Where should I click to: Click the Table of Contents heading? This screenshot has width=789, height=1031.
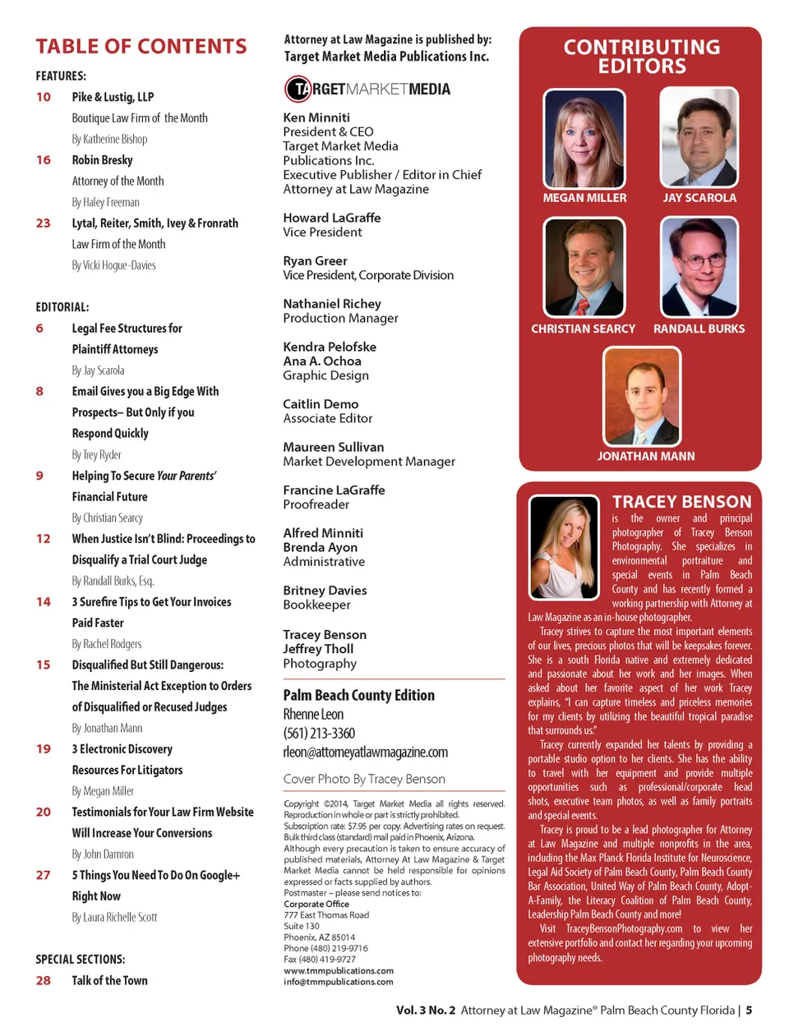[x=141, y=47]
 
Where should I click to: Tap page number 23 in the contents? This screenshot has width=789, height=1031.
[x=43, y=223]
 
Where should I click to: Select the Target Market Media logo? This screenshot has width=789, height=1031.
[x=367, y=89]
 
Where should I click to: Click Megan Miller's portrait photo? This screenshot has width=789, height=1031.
[x=584, y=138]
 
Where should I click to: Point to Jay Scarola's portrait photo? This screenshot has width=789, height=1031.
[x=699, y=138]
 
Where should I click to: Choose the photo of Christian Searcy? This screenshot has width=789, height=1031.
[x=584, y=268]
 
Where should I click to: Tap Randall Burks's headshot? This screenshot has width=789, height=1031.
[x=699, y=268]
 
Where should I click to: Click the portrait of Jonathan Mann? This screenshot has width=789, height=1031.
[x=642, y=396]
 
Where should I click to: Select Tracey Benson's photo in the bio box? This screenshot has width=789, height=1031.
[x=565, y=546]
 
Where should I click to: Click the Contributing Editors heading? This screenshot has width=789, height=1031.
[x=642, y=57]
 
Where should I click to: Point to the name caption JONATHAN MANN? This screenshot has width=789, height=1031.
[x=646, y=456]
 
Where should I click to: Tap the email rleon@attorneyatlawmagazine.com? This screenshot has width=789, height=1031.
[x=366, y=753]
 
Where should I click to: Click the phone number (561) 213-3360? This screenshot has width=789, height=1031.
[x=320, y=734]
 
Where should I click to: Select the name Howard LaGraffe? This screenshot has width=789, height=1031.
[x=332, y=218]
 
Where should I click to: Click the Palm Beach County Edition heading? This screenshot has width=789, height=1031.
[x=359, y=695]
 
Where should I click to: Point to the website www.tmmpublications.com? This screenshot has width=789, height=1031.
[x=339, y=970]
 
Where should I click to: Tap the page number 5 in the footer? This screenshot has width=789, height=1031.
[x=749, y=1010]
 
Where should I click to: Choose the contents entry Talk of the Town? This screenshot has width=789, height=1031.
[x=109, y=981]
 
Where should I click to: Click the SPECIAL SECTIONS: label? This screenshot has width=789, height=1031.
[x=81, y=959]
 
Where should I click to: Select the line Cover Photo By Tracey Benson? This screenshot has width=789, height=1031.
[x=364, y=779]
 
